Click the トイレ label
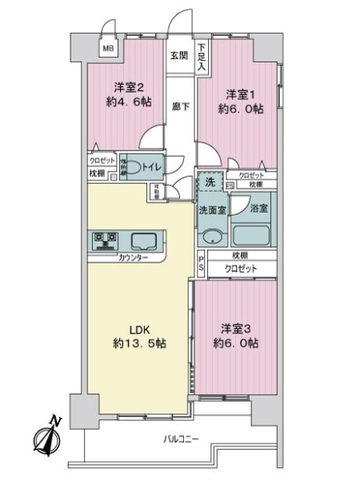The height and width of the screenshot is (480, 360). point(154,166)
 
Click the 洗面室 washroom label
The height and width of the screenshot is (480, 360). point(212,210)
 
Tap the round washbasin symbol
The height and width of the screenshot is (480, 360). point(212,237)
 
